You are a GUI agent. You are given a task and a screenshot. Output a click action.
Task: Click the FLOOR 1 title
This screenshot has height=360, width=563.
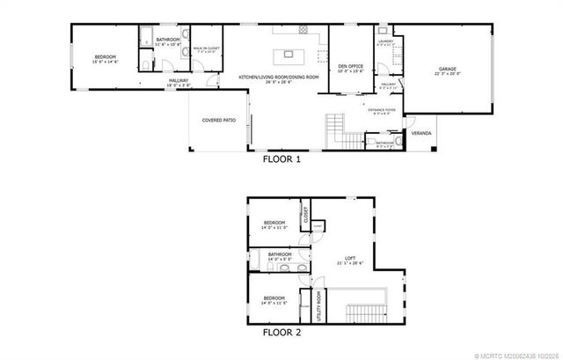tap(281, 161)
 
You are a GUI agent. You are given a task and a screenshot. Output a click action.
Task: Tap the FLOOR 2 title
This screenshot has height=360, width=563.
tap(281, 334)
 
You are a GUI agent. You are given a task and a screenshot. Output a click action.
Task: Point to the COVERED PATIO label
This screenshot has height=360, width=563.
tap(217, 119)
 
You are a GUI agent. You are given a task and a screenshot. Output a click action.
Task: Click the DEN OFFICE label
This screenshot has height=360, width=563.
tap(350, 66)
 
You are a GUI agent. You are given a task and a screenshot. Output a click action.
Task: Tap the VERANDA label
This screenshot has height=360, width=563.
tap(422, 133)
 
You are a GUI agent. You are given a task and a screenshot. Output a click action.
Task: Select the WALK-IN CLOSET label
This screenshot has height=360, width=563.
tap(208, 49)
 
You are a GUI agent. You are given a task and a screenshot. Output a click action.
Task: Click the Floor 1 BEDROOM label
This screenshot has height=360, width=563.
tap(106, 57)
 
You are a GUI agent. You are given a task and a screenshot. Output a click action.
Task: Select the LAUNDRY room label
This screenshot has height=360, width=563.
tap(384, 41)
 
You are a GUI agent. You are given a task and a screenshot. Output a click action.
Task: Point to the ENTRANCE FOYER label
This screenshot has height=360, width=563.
tap(381, 109)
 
